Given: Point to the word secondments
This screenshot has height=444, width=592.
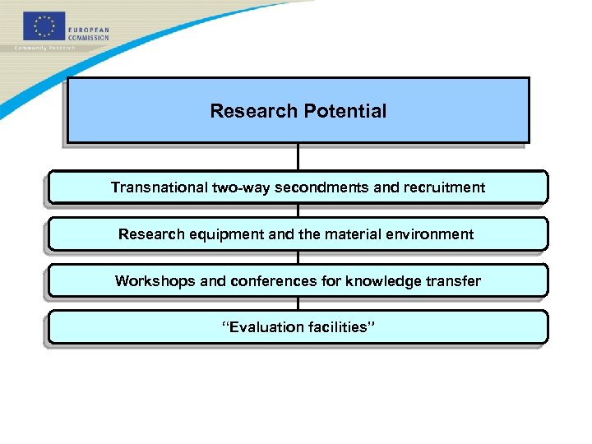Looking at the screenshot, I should point(321,187).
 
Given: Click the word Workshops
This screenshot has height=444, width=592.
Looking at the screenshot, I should point(156,281).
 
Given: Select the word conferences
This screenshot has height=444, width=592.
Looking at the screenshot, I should point(273,281).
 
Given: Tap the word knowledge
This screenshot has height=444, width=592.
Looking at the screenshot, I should point(382,281).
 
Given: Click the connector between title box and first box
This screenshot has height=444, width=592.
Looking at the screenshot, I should point(298,157).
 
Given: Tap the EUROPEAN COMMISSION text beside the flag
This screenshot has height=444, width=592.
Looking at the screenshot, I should point(88,33).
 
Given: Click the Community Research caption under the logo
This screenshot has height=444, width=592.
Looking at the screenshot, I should point(45,48).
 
